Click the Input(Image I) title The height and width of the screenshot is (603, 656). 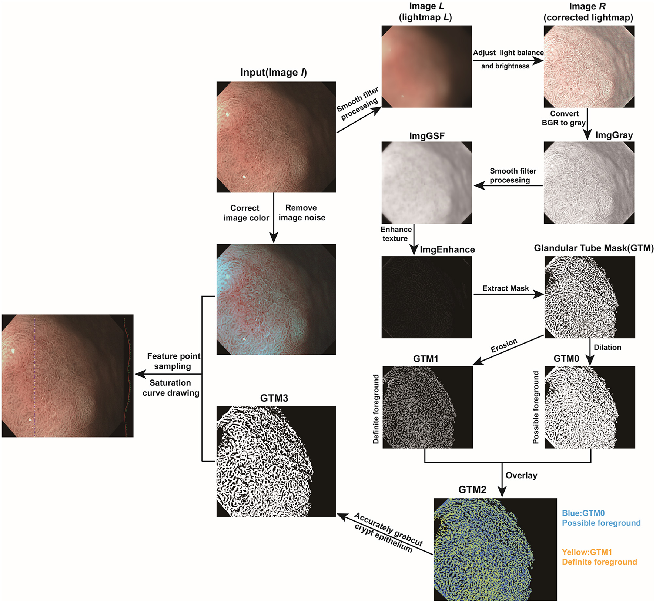(x=274, y=73)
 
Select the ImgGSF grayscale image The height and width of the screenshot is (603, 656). (x=426, y=182)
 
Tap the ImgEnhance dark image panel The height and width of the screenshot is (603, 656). (x=426, y=297)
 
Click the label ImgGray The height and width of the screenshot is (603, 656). (x=614, y=135)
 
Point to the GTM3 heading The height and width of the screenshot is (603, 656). (x=274, y=398)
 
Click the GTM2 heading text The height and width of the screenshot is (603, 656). (x=472, y=490)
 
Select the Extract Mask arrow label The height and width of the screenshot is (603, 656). (x=505, y=288)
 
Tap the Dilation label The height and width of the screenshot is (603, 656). (x=607, y=347)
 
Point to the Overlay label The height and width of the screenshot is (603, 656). (x=521, y=475)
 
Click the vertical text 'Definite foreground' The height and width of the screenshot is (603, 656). (x=376, y=409)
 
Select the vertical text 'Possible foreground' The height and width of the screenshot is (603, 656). (x=536, y=407)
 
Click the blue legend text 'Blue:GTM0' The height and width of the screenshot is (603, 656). (x=583, y=513)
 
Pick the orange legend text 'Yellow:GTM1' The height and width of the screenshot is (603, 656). (x=587, y=552)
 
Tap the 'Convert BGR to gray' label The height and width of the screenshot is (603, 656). (x=564, y=118)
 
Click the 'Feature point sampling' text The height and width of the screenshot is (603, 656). (x=173, y=361)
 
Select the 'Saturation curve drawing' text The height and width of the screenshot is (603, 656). (x=171, y=388)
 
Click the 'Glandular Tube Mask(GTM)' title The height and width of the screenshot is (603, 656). (x=593, y=248)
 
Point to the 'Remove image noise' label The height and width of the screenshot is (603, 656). (x=302, y=212)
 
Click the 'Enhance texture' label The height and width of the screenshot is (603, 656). (x=396, y=234)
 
